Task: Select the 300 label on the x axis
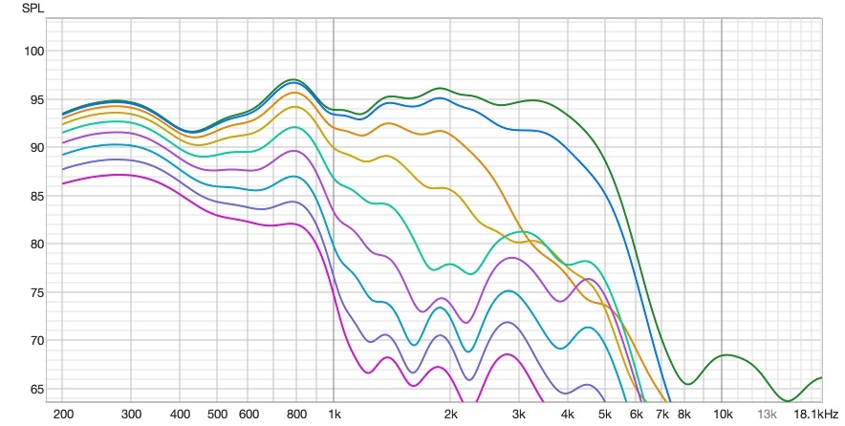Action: [131, 415]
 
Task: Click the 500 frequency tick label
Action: [217, 415]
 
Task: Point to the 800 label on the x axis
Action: [295, 415]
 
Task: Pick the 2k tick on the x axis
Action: [450, 415]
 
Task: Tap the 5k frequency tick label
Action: [604, 415]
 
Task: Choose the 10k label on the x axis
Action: [722, 415]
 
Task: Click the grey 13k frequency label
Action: [767, 415]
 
